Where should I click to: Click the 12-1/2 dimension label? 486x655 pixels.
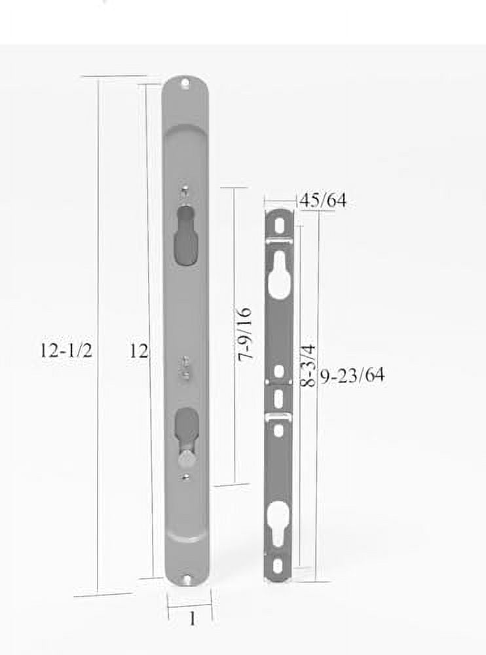click(x=65, y=350)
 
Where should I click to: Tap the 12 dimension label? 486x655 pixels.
click(x=138, y=351)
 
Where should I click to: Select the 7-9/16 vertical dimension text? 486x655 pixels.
click(x=245, y=334)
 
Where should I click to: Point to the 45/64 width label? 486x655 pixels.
click(x=322, y=201)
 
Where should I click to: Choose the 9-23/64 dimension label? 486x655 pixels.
click(x=352, y=375)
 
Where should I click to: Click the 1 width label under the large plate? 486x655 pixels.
click(x=192, y=618)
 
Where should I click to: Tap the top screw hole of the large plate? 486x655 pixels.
click(x=185, y=84)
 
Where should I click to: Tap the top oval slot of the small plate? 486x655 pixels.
click(x=280, y=225)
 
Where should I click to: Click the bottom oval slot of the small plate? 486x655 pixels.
click(x=278, y=565)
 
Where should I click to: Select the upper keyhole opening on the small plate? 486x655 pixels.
click(x=279, y=272)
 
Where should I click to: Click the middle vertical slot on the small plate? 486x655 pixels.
click(x=278, y=398)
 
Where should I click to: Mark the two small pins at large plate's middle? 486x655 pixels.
click(x=186, y=366)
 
